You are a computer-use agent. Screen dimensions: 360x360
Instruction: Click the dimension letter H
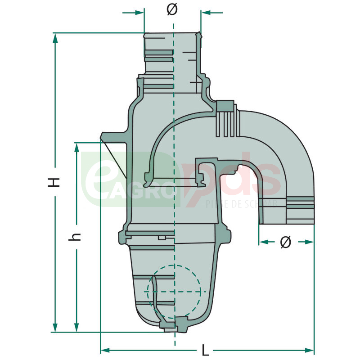pyautogui.click(x=54, y=182)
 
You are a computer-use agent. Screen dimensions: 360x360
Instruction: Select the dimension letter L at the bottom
pyautogui.click(x=206, y=350)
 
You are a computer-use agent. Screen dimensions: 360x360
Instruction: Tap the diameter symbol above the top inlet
pyautogui.click(x=172, y=10)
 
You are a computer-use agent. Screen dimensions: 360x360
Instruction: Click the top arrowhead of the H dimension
pyautogui.click(x=55, y=38)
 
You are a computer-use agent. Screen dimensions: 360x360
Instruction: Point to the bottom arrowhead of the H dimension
pyautogui.click(x=55, y=327)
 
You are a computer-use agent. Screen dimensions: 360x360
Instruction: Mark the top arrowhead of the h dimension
pyautogui.click(x=77, y=148)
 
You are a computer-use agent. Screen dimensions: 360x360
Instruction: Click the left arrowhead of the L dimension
pyautogui.click(x=105, y=350)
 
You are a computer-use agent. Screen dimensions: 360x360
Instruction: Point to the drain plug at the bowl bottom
pyautogui.click(x=175, y=325)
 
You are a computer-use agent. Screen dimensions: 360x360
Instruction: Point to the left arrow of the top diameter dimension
pyautogui.click(x=135, y=13)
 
